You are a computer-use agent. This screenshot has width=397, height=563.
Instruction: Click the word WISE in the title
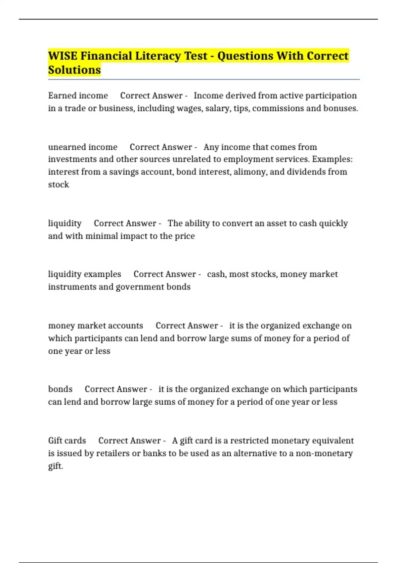(x=63, y=56)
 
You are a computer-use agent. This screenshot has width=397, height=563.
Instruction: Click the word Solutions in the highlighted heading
(x=74, y=70)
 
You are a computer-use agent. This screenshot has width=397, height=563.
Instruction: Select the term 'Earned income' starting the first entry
(x=78, y=96)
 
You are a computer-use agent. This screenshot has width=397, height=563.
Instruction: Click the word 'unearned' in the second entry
(x=65, y=147)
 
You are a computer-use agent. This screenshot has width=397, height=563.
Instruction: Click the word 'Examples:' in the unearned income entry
(x=332, y=159)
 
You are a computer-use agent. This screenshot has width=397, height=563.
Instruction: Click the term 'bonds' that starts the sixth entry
(x=60, y=389)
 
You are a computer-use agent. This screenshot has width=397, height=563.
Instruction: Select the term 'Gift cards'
(x=67, y=441)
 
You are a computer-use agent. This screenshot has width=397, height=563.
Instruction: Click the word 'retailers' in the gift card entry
(x=113, y=453)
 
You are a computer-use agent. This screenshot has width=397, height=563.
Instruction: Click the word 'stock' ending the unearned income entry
(x=59, y=184)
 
